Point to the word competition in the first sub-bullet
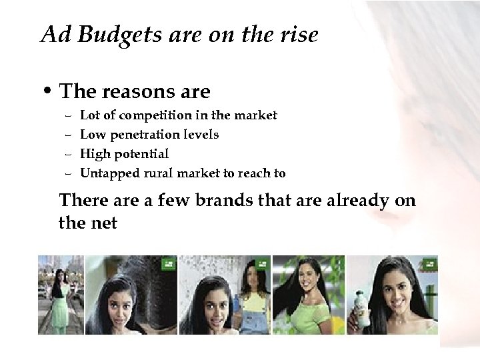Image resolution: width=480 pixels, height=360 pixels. pyautogui.click(x=153, y=115)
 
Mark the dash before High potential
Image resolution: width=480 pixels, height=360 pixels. pyautogui.click(x=68, y=154)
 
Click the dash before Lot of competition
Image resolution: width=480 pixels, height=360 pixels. pyautogui.click(x=68, y=115)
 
